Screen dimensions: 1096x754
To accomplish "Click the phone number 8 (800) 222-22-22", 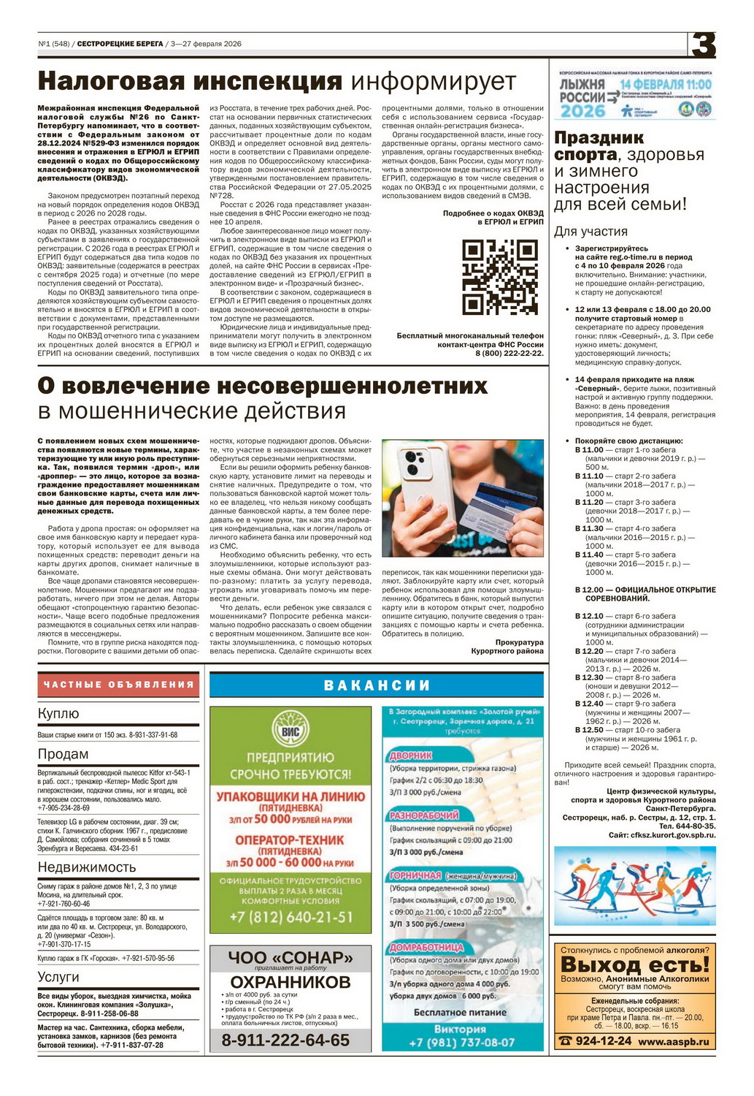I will coord(509,353).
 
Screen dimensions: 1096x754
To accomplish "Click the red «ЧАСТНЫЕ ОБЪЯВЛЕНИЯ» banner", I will coord(118,685).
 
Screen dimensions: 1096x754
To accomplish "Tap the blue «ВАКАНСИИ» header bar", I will coord(377,685).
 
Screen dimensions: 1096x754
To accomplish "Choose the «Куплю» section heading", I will coord(58,714).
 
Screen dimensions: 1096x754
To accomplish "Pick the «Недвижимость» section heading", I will coord(87,867).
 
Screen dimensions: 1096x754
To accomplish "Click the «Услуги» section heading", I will coord(58,977).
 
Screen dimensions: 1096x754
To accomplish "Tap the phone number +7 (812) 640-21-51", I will coord(291,917).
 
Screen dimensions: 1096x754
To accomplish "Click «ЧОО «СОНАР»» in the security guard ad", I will coord(291,956).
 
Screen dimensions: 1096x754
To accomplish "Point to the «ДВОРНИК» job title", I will coord(411,756).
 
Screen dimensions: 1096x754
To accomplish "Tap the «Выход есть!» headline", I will coord(634,964).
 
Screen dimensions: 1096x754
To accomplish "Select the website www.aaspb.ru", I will coord(673,1041).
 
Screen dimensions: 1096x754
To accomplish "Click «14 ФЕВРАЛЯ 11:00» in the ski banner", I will coord(666,85).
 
